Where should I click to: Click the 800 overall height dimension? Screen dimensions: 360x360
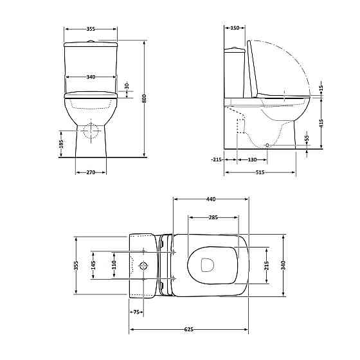tap(144, 98)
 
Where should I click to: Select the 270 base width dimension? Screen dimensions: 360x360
tap(91, 172)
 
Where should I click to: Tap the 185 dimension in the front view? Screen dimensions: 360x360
tap(61, 144)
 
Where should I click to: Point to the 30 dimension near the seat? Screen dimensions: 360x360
tap(127, 86)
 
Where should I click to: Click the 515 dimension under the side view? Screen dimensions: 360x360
tap(260, 172)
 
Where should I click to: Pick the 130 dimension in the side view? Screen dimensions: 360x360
tap(252, 159)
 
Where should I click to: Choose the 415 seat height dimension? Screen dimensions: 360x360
tap(321, 123)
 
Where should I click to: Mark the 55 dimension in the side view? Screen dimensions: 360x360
tap(307, 138)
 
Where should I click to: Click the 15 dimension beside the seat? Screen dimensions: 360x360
tap(321, 87)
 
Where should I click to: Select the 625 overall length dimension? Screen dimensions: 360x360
tap(189, 329)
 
